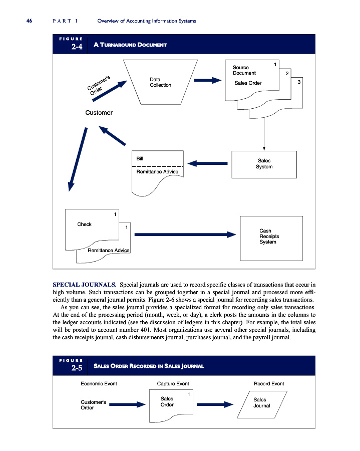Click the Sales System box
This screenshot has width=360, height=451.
tap(264, 163)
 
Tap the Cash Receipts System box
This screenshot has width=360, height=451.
tap(271, 237)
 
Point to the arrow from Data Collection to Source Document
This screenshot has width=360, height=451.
tap(207, 81)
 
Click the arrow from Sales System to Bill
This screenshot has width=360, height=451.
tap(208, 163)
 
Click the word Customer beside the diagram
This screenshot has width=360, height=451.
tap(99, 113)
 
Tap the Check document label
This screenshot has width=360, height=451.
tap(84, 224)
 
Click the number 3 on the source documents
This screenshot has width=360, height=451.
tap(298, 82)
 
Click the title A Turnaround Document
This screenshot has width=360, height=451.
tap(130, 45)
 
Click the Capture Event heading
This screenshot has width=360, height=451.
tap(169, 384)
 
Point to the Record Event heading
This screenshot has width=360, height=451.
tap(269, 384)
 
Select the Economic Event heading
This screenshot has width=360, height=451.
tap(99, 384)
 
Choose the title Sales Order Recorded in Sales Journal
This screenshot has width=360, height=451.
tap(149, 366)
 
